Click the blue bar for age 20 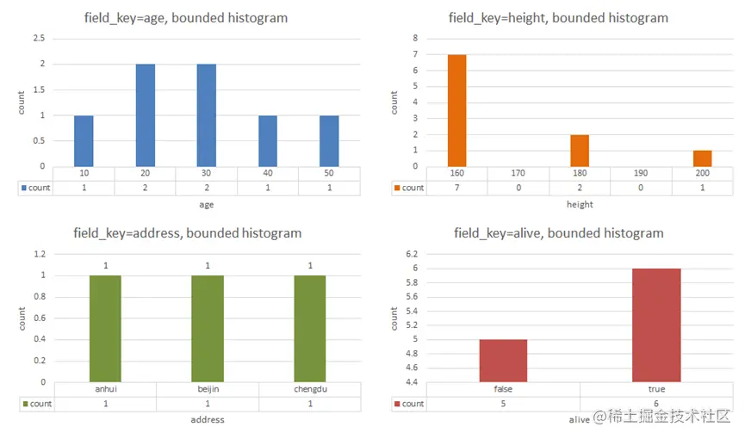[145, 114]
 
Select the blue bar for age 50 [329, 140]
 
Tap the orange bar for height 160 [456, 110]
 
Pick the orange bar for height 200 [702, 158]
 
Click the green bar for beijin [208, 329]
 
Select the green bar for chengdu [310, 329]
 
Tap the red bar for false [503, 361]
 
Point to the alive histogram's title [559, 233]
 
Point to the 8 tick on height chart [415, 39]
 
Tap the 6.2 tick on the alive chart [410, 255]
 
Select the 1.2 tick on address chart [40, 255]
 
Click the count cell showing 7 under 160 [456, 188]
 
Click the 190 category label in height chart [641, 174]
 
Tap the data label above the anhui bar [105, 266]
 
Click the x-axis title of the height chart [579, 204]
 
